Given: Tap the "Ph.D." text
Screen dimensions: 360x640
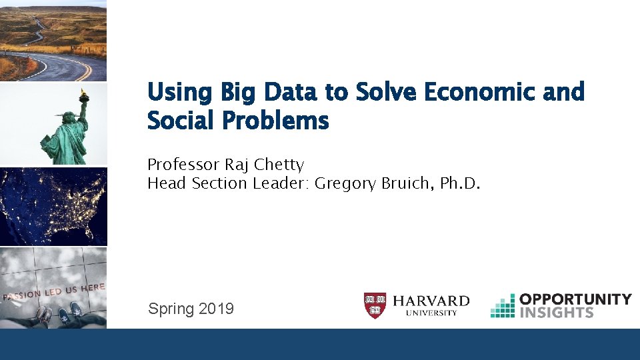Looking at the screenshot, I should (x=459, y=183).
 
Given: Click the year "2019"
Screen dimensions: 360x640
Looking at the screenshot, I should (x=216, y=309).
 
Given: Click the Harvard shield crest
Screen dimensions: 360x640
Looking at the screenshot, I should (x=375, y=305).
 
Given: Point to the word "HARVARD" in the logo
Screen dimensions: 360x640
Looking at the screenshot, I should (x=431, y=302).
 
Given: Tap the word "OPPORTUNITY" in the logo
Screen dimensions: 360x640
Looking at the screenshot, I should (x=575, y=299).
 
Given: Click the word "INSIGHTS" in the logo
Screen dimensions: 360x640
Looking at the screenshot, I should (x=556, y=312).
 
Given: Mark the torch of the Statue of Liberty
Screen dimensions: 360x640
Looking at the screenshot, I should (x=84, y=95).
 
